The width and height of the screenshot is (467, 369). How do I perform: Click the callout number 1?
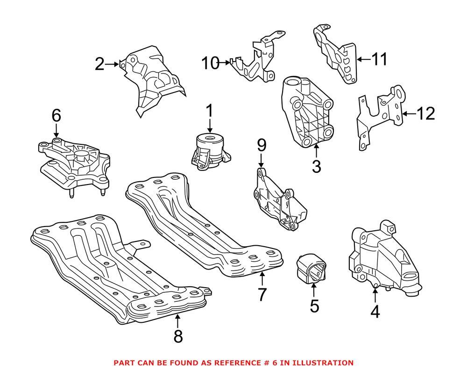pyautogui.click(x=209, y=111)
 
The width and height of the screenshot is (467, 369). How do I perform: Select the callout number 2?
pyautogui.click(x=99, y=64)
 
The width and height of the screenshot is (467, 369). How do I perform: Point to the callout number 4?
pyautogui.click(x=375, y=312)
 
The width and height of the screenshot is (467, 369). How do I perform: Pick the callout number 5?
pyautogui.click(x=314, y=306)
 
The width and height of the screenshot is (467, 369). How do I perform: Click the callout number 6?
pyautogui.click(x=56, y=114)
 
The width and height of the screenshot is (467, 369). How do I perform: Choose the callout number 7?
pyautogui.click(x=262, y=294)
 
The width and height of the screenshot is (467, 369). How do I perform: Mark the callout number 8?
pyautogui.click(x=177, y=336)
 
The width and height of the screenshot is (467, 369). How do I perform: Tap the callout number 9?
pyautogui.click(x=262, y=145)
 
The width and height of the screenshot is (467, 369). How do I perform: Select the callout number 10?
pyautogui.click(x=211, y=63)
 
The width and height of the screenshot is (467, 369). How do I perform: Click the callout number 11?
pyautogui.click(x=379, y=59)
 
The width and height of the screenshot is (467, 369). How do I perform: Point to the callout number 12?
pyautogui.click(x=425, y=114)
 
